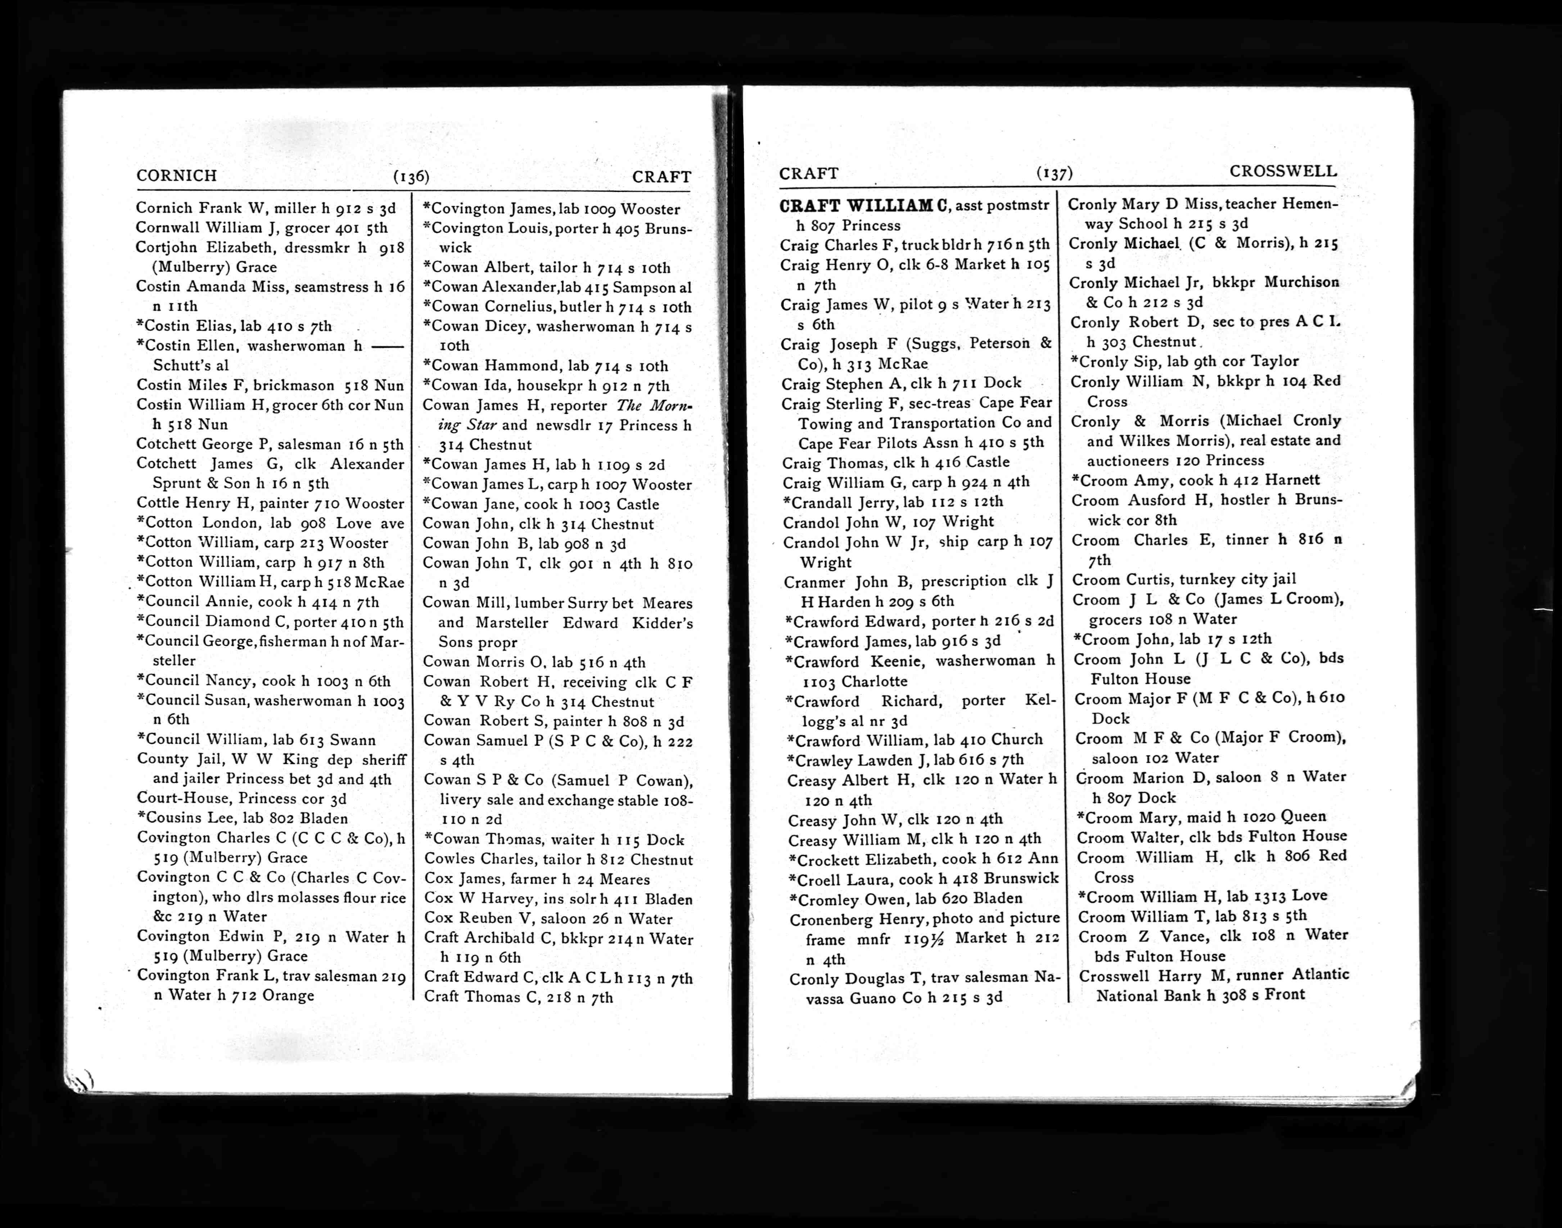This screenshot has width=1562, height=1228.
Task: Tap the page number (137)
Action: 1055,173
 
